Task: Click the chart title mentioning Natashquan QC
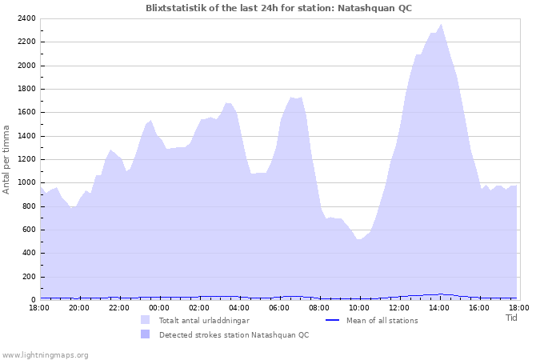tap(279, 7)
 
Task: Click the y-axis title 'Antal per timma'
tap(7, 158)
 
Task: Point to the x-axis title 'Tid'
tap(511, 318)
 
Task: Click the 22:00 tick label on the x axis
tap(119, 307)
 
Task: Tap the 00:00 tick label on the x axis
tap(159, 307)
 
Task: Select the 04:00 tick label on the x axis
tap(239, 307)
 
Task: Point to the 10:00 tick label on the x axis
tap(359, 307)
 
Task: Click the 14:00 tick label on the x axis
tap(439, 307)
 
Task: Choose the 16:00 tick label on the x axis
tap(479, 307)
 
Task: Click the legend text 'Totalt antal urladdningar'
tap(204, 321)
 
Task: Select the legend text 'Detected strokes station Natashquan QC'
tap(234, 335)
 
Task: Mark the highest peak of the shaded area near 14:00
tap(441, 25)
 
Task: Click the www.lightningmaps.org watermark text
tap(45, 354)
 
